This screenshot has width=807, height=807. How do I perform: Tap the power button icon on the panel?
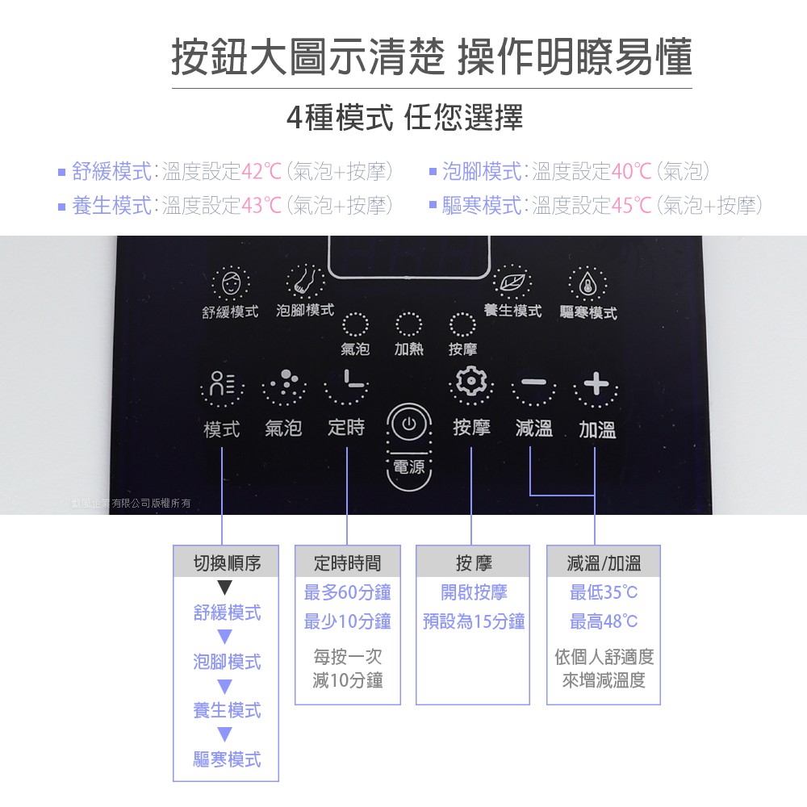tap(408, 424)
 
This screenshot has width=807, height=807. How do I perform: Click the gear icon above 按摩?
tap(471, 381)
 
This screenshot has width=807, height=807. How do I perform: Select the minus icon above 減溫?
tap(533, 383)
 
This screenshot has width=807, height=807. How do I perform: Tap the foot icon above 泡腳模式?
tap(305, 281)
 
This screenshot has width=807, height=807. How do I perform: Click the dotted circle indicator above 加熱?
tap(408, 324)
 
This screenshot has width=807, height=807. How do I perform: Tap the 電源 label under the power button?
tap(409, 466)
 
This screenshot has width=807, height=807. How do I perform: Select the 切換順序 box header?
tap(226, 562)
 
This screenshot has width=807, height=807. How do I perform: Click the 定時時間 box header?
tap(347, 562)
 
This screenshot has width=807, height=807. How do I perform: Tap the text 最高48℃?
tap(603, 621)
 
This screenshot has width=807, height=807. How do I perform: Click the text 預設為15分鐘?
tap(474, 621)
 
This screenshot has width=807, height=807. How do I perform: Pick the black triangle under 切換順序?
tap(225, 587)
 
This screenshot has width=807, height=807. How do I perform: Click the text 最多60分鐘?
tap(347, 592)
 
